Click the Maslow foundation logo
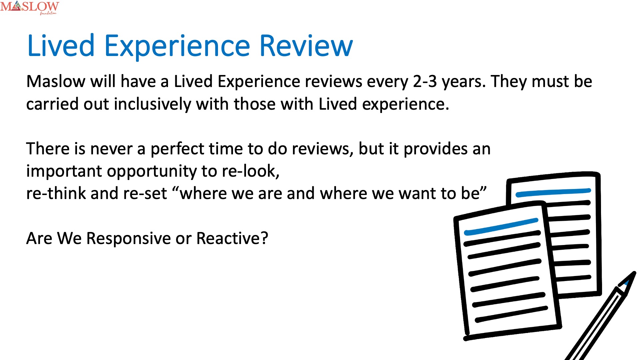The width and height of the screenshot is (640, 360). (29, 7)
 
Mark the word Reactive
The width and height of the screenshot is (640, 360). (232, 238)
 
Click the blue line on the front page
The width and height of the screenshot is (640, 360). (501, 227)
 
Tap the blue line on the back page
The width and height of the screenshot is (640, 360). (553, 192)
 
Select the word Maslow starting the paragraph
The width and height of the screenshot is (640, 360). (56, 81)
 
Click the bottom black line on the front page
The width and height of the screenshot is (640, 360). (511, 314)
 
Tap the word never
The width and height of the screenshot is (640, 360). (111, 149)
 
